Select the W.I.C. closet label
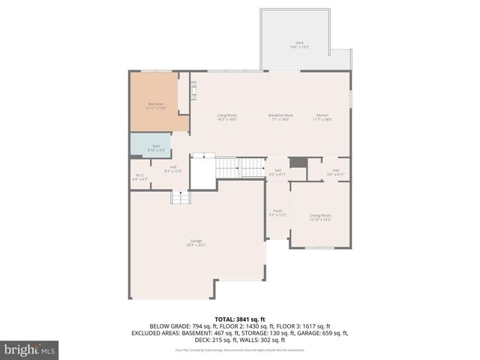[x=139, y=177]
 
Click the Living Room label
[x=227, y=116]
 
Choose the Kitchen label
[x=322, y=116]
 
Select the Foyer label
[x=277, y=213]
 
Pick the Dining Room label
[x=320, y=217]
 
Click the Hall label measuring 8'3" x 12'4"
[x=172, y=169]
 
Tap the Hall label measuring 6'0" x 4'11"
[x=335, y=172]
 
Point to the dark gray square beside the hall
[x=298, y=163]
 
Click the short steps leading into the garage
[x=179, y=196]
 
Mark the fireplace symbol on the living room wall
[x=193, y=92]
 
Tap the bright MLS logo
[x=30, y=349]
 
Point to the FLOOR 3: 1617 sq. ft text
[x=303, y=325]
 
